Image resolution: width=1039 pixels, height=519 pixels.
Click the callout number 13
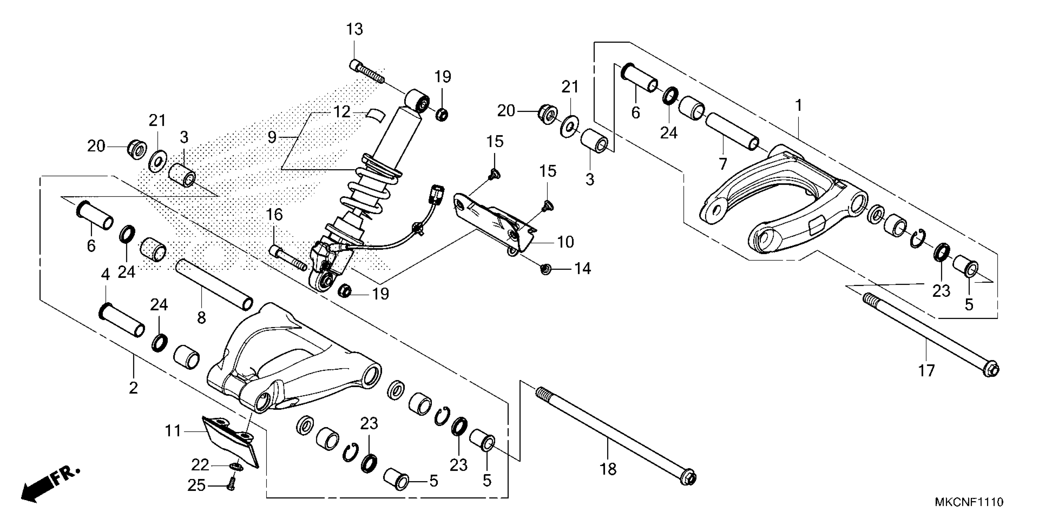[354, 29]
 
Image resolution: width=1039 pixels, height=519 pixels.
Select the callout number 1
[798, 106]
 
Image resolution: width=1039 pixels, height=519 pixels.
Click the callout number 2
[134, 388]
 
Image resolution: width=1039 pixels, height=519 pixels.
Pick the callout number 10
[565, 242]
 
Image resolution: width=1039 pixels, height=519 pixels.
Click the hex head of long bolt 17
[990, 369]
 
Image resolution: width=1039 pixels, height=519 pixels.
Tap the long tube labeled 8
[214, 285]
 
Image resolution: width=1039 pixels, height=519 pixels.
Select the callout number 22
[200, 465]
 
